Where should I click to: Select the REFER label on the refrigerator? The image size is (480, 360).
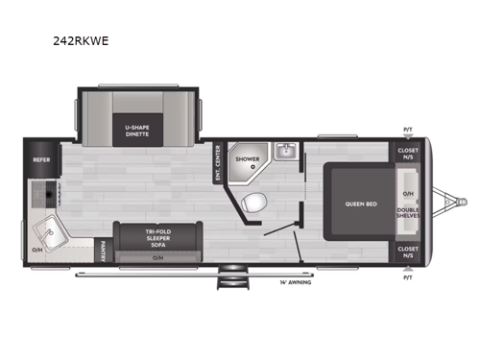pos(42,160)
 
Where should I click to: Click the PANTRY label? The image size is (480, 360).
pos(103,252)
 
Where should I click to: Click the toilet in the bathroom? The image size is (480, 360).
pos(254,202)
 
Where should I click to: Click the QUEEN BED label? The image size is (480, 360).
pos(359,204)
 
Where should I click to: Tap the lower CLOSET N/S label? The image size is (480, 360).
pos(407,252)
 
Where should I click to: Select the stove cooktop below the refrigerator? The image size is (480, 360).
pos(41,194)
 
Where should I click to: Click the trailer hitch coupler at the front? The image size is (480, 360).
pos(462,203)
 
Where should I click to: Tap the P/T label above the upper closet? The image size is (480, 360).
pos(407,129)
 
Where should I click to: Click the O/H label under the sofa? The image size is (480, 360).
pos(157,257)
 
